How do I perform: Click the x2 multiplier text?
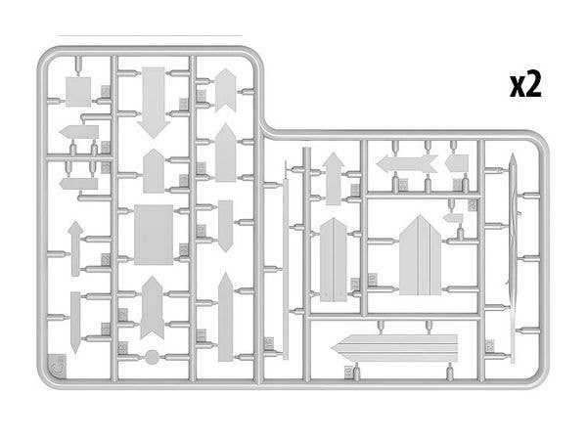point(525,86)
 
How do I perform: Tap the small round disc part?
point(152,357)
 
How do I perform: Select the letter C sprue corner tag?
point(58,365)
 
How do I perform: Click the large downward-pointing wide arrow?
point(154,103)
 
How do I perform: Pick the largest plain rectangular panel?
point(154,235)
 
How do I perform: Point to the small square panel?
point(78,92)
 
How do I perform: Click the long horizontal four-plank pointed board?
point(395,348)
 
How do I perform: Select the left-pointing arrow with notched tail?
point(407,164)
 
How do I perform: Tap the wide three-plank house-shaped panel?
point(421,255)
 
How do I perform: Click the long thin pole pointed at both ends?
point(513,258)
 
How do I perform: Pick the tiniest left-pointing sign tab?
point(453,218)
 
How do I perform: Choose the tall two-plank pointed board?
point(334,260)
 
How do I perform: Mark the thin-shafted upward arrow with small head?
point(75,248)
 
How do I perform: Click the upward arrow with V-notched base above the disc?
point(152,308)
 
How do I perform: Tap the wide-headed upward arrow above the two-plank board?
point(334,179)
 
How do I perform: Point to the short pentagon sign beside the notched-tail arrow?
point(457,163)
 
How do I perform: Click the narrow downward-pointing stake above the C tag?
point(75,322)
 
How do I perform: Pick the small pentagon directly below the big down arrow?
point(154,171)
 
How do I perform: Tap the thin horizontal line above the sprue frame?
point(150,36)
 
